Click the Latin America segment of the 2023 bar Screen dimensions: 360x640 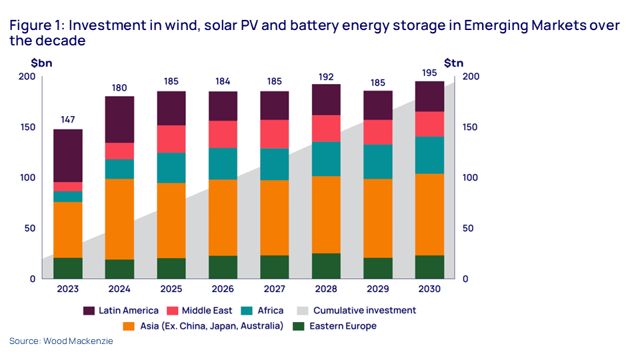click(68, 155)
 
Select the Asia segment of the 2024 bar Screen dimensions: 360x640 click(119, 219)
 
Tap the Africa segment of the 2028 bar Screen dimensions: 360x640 click(326, 159)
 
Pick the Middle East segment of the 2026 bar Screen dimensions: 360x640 click(223, 134)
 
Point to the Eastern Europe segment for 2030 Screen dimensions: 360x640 click(430, 267)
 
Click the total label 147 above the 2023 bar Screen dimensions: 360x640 click(68, 120)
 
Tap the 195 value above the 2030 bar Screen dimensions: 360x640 click(430, 72)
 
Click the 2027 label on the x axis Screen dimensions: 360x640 click(275, 289)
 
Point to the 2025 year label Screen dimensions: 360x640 click(171, 289)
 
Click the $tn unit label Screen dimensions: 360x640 click(454, 63)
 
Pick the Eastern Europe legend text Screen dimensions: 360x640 click(343, 326)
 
